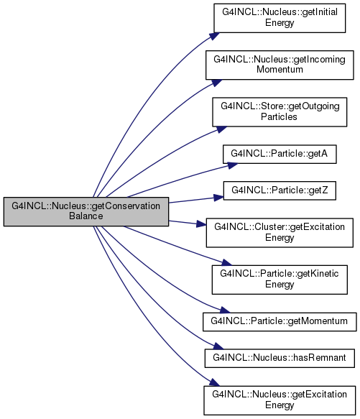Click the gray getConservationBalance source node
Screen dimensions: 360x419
click(86, 211)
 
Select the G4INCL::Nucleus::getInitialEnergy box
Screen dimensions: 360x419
click(280, 18)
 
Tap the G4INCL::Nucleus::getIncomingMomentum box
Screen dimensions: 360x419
click(280, 65)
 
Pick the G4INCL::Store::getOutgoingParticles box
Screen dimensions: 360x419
click(280, 112)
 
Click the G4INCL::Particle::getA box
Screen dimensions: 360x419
click(280, 154)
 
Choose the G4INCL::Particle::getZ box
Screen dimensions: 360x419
click(280, 190)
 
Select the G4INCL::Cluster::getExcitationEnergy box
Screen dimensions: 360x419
click(280, 232)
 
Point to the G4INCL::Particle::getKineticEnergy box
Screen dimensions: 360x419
click(280, 280)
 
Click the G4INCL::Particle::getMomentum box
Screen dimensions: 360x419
click(280, 322)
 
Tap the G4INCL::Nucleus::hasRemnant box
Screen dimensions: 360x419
click(280, 358)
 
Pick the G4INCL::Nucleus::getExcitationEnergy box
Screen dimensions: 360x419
click(280, 400)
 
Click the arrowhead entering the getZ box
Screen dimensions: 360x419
click(219, 198)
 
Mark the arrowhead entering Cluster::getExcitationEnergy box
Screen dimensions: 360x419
click(202, 224)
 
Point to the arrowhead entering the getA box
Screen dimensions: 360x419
click(233, 165)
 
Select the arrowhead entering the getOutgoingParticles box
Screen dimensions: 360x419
click(221, 129)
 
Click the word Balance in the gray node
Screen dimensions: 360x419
click(86, 216)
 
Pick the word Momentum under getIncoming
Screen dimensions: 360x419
click(280, 70)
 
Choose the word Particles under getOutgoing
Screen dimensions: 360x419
click(279, 116)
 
